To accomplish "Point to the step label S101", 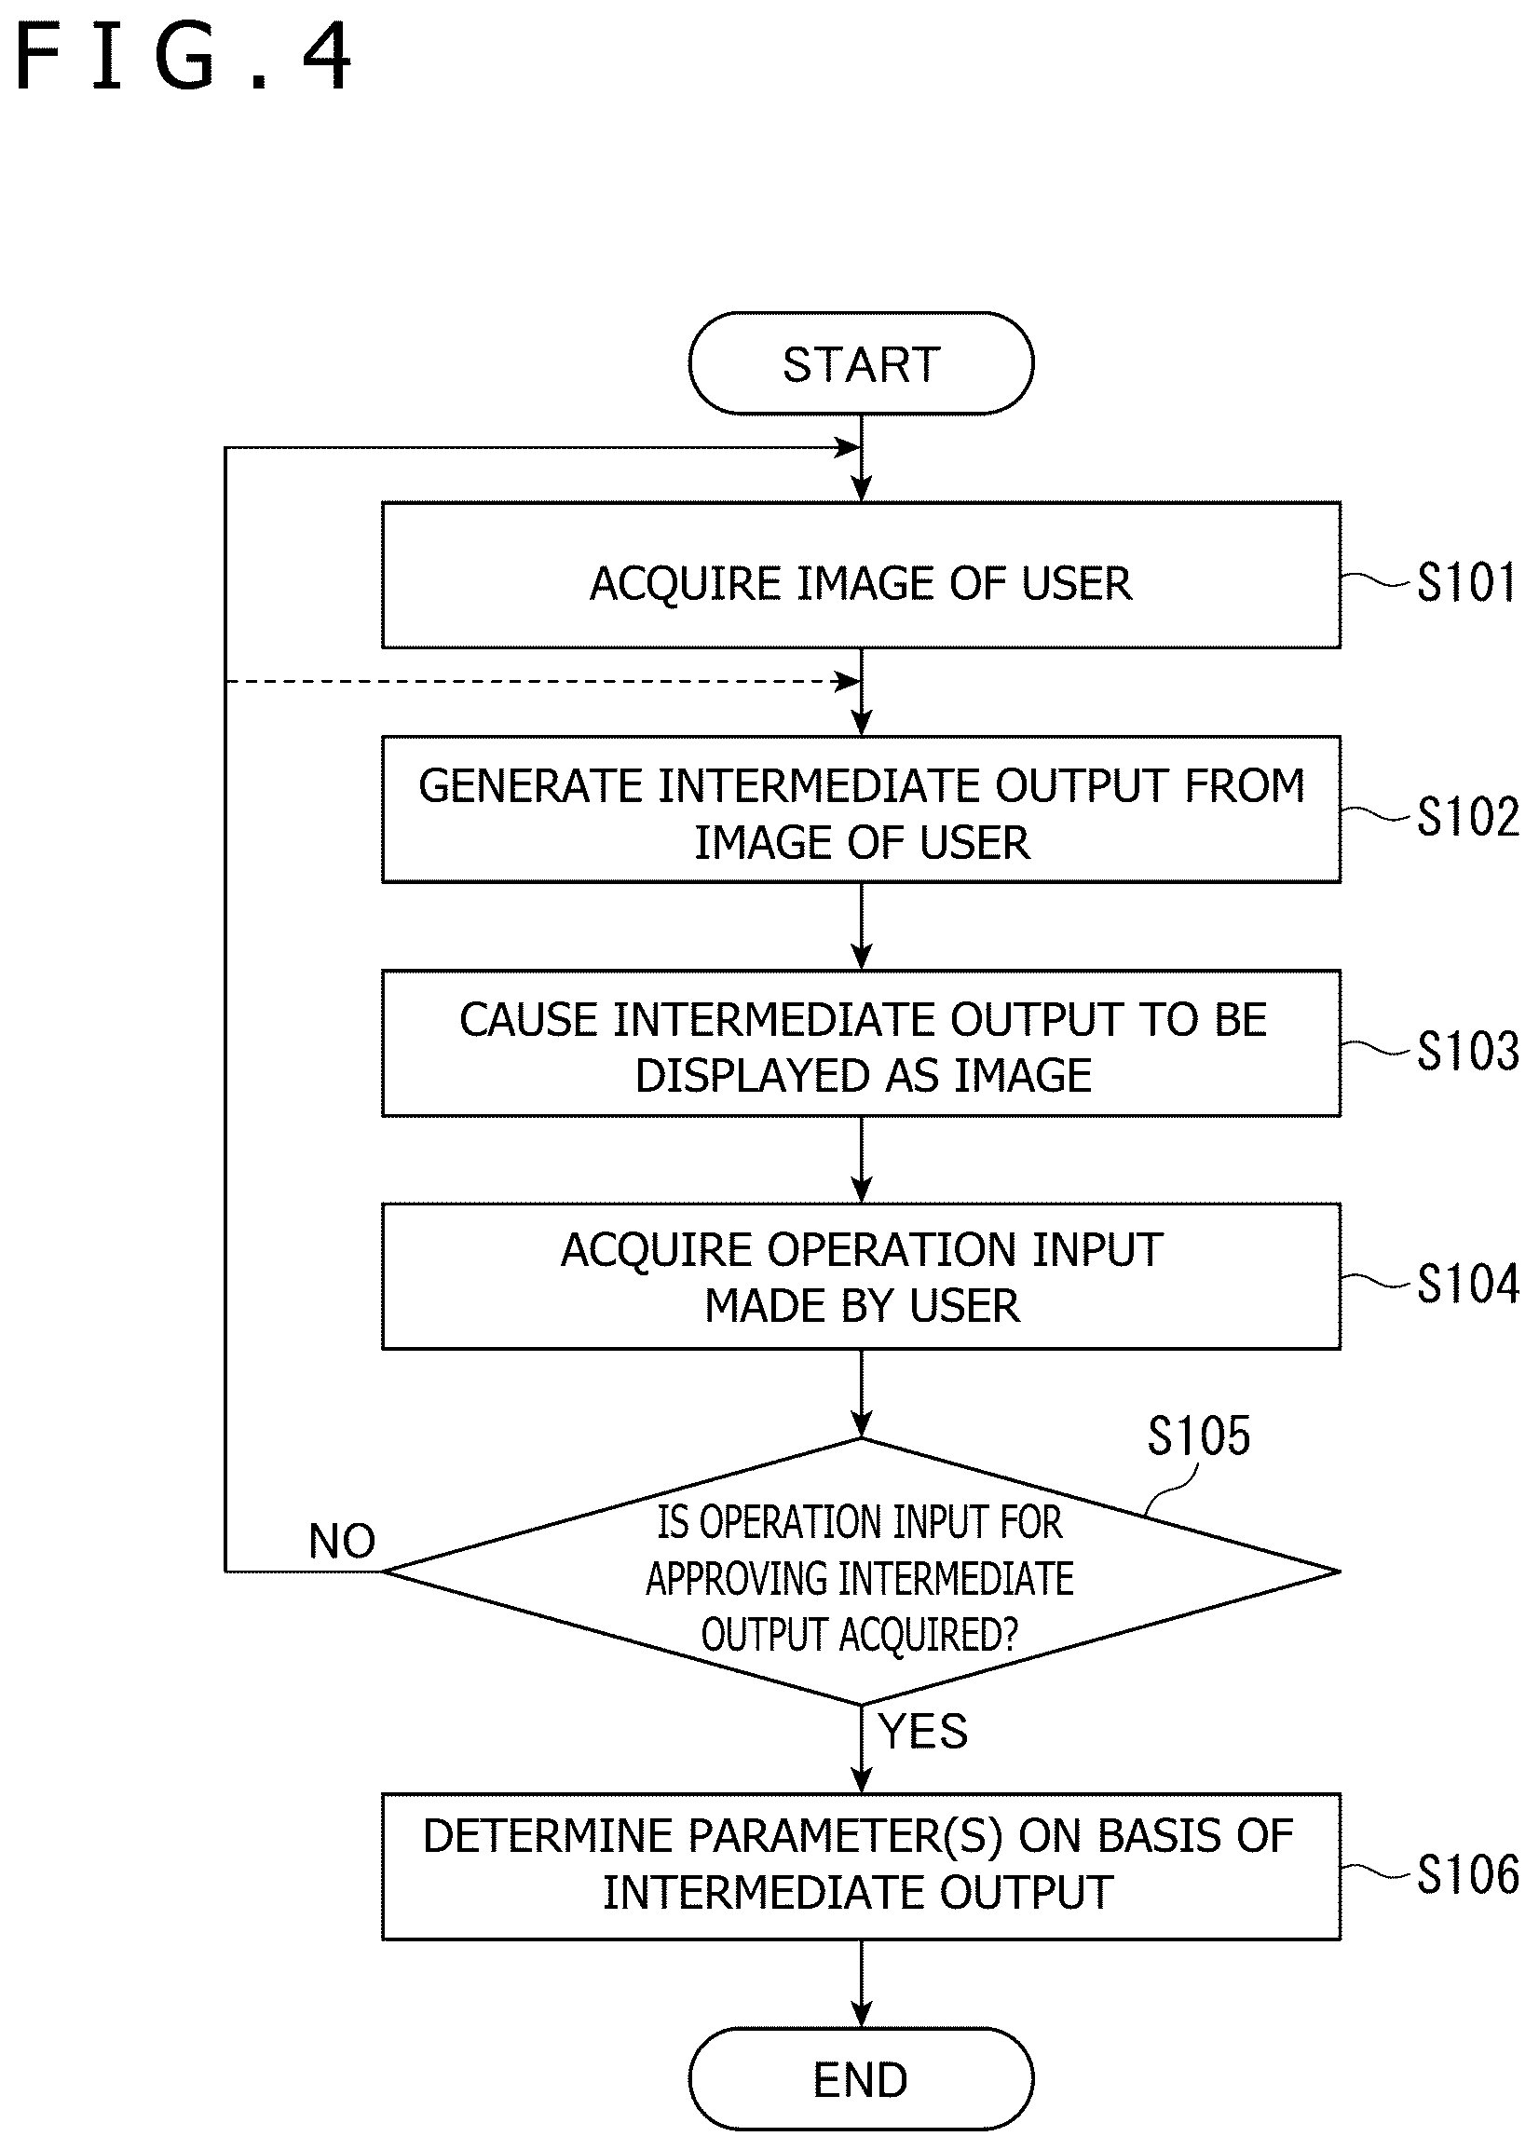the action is pyautogui.click(x=1467, y=582).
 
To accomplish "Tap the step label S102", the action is pyautogui.click(x=1467, y=816).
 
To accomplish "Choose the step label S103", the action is pyautogui.click(x=1467, y=1050).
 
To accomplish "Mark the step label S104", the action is pyautogui.click(x=1467, y=1284).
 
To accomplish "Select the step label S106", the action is pyautogui.click(x=1467, y=1874).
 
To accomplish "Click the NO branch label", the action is pyautogui.click(x=342, y=1542).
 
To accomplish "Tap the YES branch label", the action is pyautogui.click(x=923, y=1732).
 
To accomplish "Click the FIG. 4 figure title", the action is pyautogui.click(x=184, y=58).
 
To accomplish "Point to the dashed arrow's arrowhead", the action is pyautogui.click(x=846, y=681).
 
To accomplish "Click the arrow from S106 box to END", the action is pyautogui.click(x=861, y=1984).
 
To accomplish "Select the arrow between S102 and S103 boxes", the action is pyautogui.click(x=861, y=926).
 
